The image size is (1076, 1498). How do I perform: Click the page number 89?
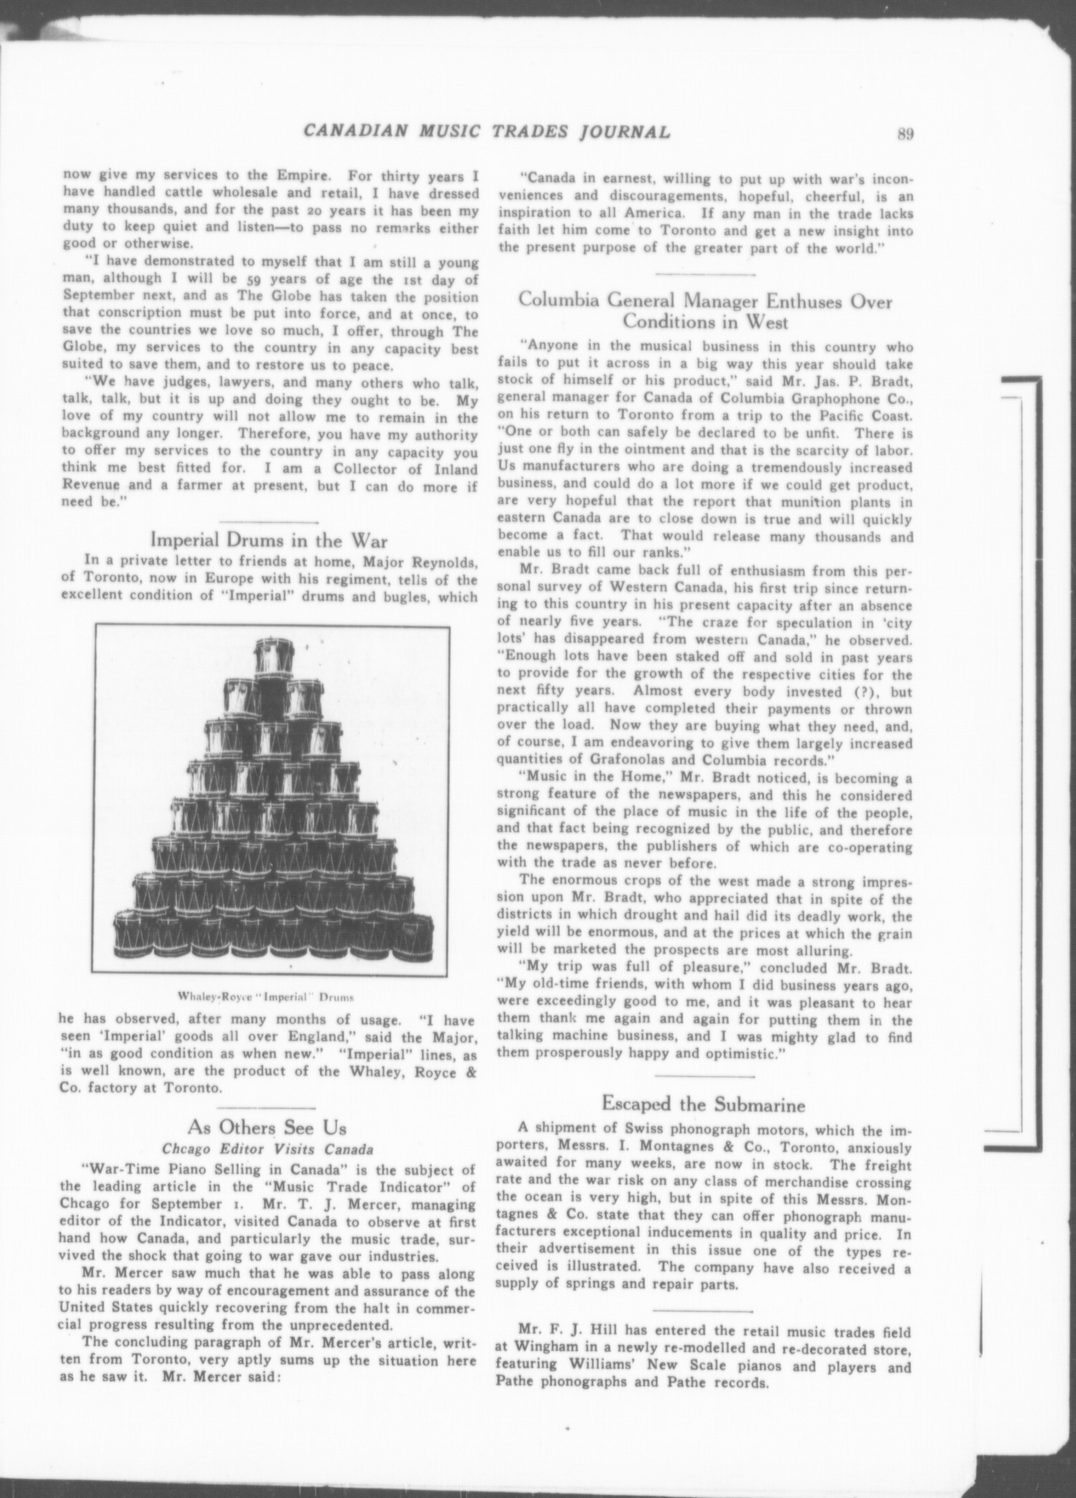[905, 133]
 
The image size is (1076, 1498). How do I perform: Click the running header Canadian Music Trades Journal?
[487, 132]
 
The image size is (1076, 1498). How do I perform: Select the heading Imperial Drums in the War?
[269, 539]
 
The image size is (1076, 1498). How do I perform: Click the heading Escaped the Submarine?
[703, 1103]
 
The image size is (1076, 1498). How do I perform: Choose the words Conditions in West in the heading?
[705, 322]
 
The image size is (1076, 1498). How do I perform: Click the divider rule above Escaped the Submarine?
[704, 1076]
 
